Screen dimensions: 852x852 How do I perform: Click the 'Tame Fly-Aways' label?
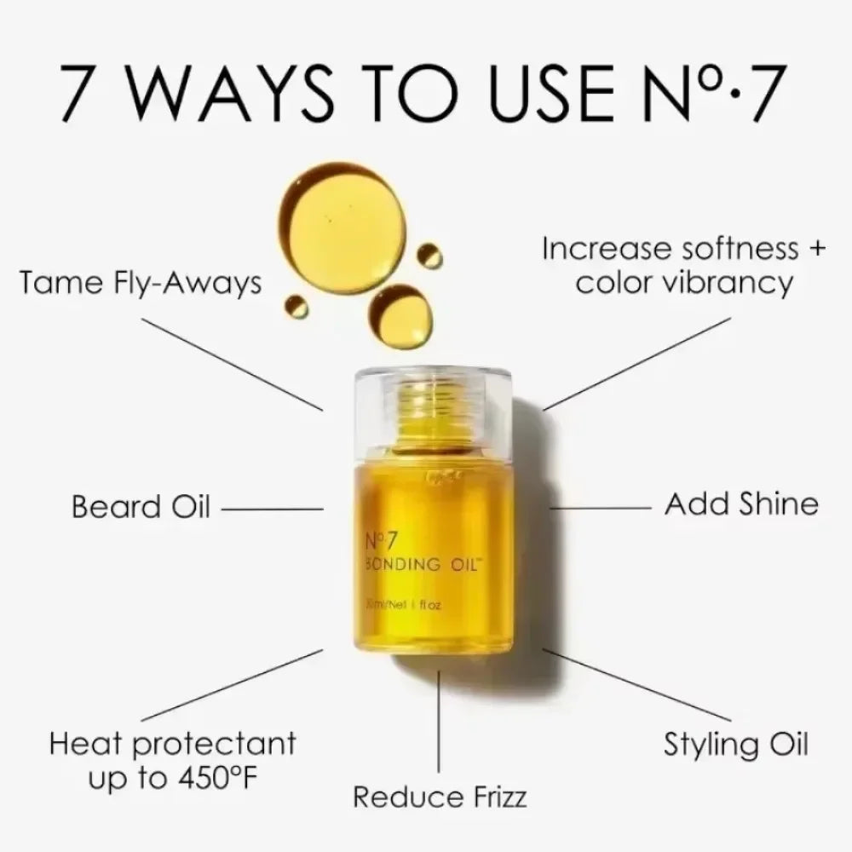(141, 282)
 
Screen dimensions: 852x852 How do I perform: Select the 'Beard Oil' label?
(141, 507)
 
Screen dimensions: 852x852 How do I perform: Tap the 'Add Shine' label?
(740, 504)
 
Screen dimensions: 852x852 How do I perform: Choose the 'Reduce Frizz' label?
(440, 797)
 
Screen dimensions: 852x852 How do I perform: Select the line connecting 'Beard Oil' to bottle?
(271, 509)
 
